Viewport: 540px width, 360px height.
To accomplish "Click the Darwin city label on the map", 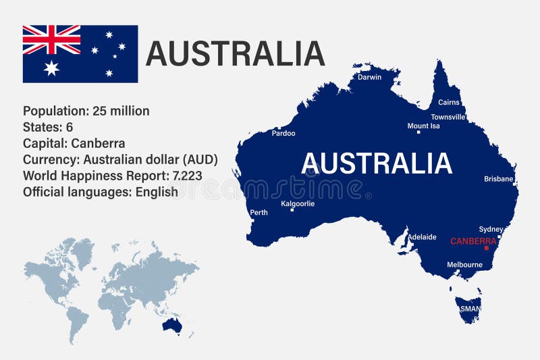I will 369,77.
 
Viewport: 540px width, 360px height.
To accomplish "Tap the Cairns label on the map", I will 449,103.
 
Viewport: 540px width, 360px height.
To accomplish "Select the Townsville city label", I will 448,117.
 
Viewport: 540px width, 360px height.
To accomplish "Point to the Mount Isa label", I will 423,126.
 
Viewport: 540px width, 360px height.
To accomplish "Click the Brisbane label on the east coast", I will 499,179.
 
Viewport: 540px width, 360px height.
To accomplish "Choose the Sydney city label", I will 491,229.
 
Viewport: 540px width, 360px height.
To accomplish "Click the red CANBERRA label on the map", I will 473,240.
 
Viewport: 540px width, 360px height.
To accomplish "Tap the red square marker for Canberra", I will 486,248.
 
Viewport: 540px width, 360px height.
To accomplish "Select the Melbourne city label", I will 464,265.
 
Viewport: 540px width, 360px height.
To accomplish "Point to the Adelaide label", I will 422,237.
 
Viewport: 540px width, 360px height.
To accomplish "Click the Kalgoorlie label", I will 298,203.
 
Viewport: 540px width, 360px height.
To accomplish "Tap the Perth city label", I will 259,213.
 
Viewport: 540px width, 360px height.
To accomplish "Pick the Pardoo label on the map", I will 283,133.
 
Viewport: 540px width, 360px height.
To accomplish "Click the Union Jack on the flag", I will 51,40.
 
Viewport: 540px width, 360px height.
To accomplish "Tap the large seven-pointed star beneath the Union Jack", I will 51,68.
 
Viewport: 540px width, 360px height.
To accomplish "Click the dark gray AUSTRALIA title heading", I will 236,54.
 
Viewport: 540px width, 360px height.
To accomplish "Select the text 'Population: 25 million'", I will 86,111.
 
